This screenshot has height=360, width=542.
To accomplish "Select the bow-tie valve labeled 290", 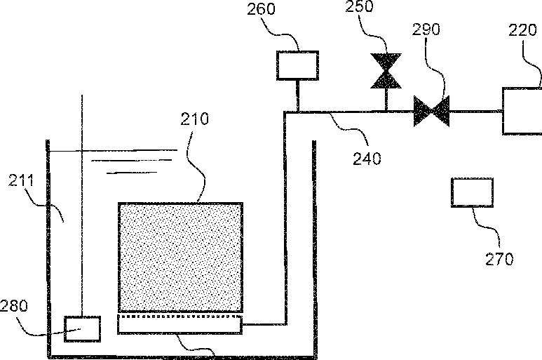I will pos(431,110).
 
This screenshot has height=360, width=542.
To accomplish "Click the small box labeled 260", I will pos(298,65).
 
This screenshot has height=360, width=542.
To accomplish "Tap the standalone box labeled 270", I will pos(473,192).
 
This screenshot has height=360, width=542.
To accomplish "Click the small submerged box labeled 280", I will pos(82,328).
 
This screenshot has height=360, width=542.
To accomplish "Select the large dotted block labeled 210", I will pos(181,256).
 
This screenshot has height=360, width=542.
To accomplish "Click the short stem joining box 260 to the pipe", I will pos(298,95).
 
